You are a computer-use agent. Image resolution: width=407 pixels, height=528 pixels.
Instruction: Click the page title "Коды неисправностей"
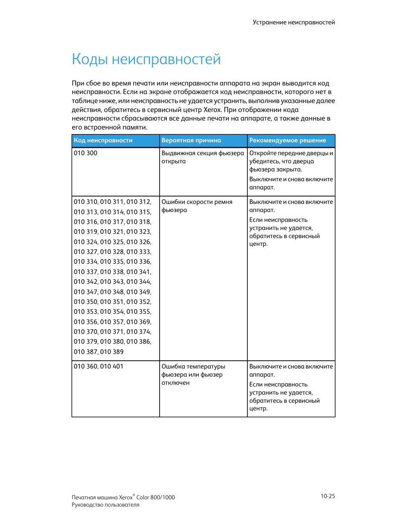pos(146,59)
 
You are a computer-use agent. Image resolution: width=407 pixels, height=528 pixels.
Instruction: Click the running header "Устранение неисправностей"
pos(294,22)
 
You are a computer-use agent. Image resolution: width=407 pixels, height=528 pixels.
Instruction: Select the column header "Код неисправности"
pos(103,140)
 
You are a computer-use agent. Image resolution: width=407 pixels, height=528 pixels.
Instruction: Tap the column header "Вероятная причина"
pos(191,140)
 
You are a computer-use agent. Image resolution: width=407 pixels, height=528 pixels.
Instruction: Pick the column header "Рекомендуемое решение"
pos(288,140)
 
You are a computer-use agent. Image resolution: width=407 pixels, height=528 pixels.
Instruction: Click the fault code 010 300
pos(85,153)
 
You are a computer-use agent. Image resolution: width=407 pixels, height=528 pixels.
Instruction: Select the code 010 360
pos(85,366)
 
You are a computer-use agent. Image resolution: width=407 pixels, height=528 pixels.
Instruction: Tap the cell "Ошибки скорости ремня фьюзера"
pos(197,206)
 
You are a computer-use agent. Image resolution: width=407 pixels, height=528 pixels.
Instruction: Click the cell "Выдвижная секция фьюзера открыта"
pos(202,157)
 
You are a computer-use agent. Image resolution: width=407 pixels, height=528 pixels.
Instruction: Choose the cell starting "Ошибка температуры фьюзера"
pos(193,375)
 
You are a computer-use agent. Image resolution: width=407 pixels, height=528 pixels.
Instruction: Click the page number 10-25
pos(328,496)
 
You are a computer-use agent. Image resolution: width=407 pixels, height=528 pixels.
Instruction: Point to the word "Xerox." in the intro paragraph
pos(212,109)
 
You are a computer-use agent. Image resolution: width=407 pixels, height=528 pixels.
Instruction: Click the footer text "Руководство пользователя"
pos(105,505)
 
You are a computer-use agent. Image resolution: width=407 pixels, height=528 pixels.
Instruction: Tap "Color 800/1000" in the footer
pos(156,498)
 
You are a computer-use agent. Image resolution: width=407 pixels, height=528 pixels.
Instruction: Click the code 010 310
pos(85,202)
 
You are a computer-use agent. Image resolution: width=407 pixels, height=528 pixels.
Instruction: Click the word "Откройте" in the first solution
pos(262,153)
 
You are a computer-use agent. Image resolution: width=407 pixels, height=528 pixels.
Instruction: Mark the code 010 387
pos(85,352)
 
